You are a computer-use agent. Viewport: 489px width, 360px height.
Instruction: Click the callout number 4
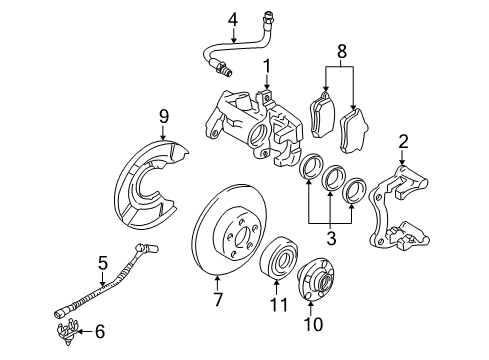[233, 20]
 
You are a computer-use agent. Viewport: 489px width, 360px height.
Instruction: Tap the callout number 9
[164, 117]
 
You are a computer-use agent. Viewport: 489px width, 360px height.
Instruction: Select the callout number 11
[278, 304]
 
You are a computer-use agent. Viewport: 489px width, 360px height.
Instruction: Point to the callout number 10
[313, 323]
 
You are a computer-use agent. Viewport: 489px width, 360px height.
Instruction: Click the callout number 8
[342, 51]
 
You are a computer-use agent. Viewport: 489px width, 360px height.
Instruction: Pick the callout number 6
[100, 331]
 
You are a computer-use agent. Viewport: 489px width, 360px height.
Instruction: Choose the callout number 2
[403, 142]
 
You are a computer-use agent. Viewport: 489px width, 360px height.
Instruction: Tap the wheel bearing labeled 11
[279, 257]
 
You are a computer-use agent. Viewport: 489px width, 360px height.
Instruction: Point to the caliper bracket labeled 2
[397, 208]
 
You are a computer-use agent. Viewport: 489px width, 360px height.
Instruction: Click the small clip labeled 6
[69, 332]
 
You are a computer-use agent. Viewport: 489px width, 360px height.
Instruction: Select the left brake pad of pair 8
[322, 114]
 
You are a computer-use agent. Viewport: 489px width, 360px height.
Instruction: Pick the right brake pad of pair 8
[353, 130]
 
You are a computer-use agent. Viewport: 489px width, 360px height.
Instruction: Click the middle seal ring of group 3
[333, 179]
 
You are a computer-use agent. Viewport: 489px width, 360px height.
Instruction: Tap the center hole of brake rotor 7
[242, 237]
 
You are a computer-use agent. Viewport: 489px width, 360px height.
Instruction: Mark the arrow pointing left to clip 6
[86, 332]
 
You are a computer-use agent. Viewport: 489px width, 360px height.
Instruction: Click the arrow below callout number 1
[267, 82]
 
